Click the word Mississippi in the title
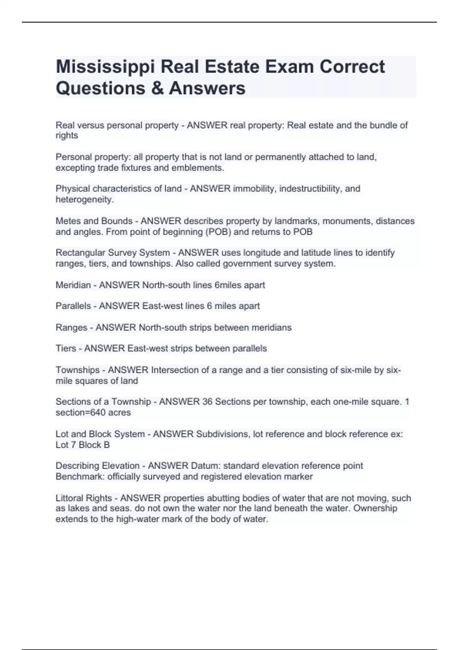pos(105,67)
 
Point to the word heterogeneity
pos(85,200)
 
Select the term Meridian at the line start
pos(73,285)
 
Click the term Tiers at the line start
pos(66,349)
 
